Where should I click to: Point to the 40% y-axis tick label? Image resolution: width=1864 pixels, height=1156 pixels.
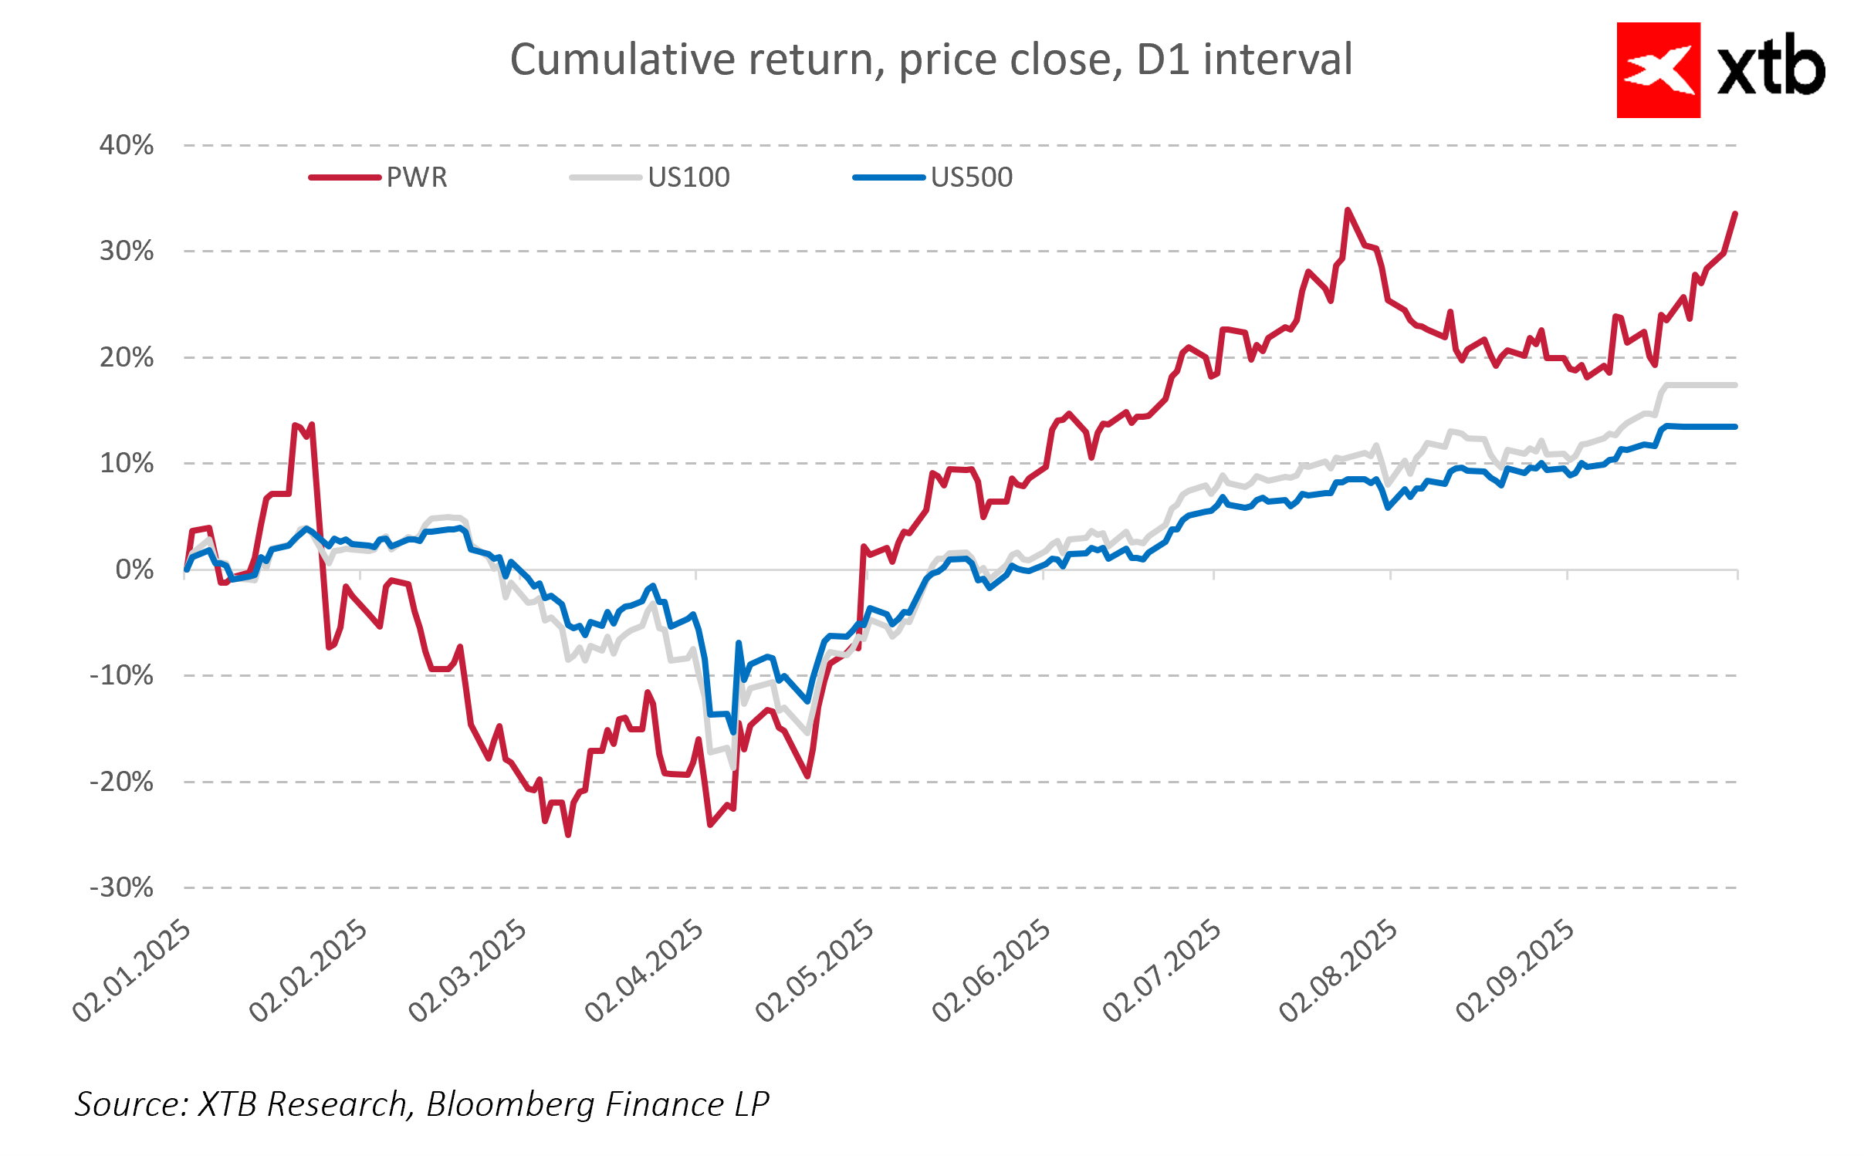click(127, 145)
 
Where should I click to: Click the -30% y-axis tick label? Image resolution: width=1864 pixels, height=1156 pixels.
click(122, 887)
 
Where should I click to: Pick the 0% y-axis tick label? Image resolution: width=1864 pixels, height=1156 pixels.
click(134, 570)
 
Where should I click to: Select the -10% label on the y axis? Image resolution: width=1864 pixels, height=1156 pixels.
click(122, 675)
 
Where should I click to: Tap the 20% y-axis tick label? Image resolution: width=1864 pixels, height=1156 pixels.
click(127, 357)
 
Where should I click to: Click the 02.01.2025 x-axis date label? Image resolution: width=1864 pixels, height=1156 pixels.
click(131, 971)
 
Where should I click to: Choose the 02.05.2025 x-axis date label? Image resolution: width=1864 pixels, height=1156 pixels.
click(814, 971)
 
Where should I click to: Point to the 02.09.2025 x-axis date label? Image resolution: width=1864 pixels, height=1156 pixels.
click(1514, 971)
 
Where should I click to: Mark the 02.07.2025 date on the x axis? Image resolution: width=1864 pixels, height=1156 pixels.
click(1162, 971)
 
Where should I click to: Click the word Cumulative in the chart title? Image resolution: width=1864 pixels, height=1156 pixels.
click(622, 60)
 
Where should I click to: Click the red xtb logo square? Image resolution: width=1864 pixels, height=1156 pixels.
click(1658, 70)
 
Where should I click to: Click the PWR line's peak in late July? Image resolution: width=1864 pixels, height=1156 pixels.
click(1348, 210)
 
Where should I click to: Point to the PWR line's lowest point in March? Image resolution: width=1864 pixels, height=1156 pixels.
click(568, 835)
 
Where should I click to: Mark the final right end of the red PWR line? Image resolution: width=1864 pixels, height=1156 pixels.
click(1735, 214)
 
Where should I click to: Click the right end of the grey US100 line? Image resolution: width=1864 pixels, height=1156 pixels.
click(1736, 384)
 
